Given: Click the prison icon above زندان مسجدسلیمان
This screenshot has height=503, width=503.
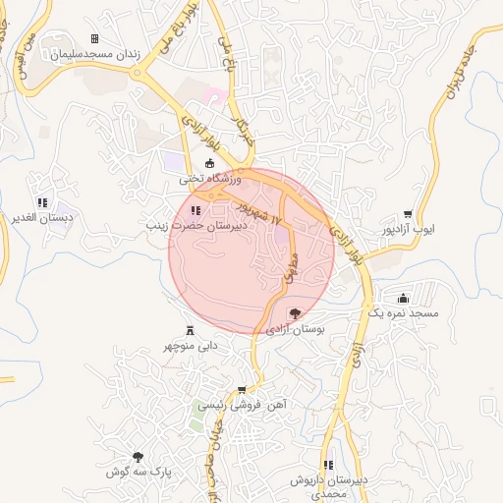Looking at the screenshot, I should coord(94,39).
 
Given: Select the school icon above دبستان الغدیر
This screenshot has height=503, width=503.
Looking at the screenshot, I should coord(40,202).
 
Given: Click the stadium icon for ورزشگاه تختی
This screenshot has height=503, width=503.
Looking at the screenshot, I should coord(208,164).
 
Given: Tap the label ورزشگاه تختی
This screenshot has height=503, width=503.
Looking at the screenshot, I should coord(208,180).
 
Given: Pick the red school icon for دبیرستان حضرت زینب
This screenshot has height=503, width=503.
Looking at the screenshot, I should coord(196,209).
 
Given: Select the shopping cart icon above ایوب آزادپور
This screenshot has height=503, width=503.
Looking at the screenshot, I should coord(408,214).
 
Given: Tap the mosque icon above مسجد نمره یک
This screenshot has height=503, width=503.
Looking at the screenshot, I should coord(403,298).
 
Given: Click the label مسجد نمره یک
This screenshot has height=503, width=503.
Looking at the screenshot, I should coord(403,312).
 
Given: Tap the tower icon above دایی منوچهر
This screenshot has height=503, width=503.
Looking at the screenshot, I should coord(189,331).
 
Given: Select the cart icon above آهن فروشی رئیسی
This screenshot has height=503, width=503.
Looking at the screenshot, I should coord(242,389).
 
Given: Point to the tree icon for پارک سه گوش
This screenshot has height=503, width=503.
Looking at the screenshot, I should coord(138,457).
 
